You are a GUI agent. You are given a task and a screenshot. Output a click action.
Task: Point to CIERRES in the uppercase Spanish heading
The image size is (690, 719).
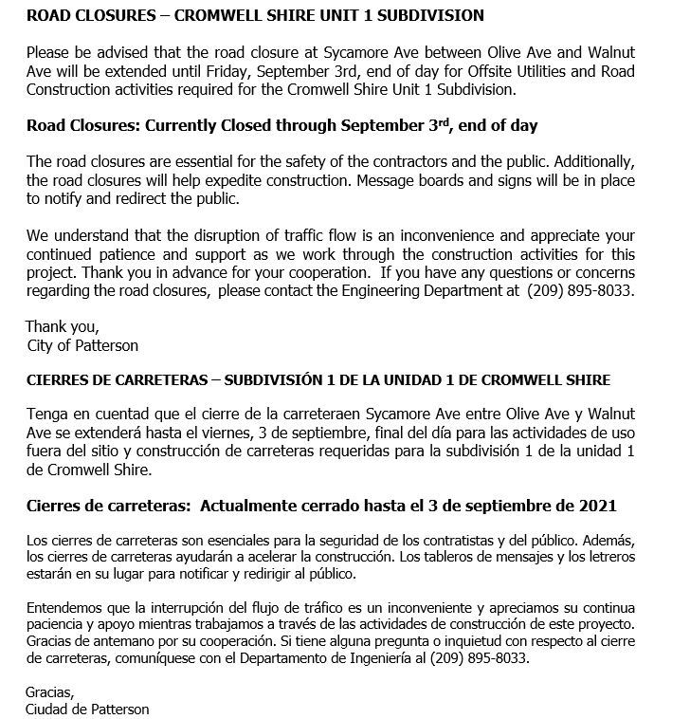(55, 379)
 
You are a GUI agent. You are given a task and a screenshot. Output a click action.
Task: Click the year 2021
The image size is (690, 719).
(597, 505)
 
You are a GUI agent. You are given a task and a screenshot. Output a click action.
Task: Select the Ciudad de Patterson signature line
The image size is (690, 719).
(86, 709)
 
